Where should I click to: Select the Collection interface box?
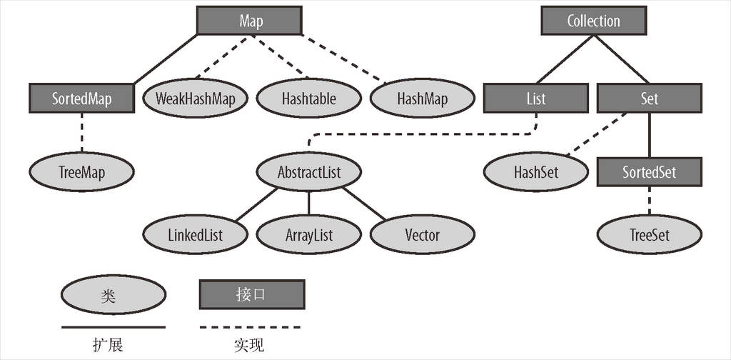pyautogui.click(x=593, y=21)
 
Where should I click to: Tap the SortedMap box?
pyautogui.click(x=82, y=98)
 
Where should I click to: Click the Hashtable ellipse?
pyautogui.click(x=308, y=98)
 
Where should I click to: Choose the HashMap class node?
pyautogui.click(x=422, y=98)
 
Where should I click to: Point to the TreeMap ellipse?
pyautogui.click(x=82, y=171)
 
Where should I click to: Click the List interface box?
pyautogui.click(x=535, y=98)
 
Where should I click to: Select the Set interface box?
pyautogui.click(x=649, y=98)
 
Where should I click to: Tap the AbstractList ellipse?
pyautogui.click(x=308, y=172)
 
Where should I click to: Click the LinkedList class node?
pyautogui.click(x=194, y=235)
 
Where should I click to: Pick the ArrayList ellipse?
pyautogui.click(x=308, y=235)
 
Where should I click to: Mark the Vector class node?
pyautogui.click(x=422, y=235)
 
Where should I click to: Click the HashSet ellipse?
pyautogui.click(x=535, y=172)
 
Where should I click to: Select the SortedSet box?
pyautogui.click(x=649, y=172)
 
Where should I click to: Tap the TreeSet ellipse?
pyautogui.click(x=649, y=235)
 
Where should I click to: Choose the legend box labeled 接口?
pyautogui.click(x=251, y=294)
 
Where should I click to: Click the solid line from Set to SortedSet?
pyautogui.click(x=649, y=136)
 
